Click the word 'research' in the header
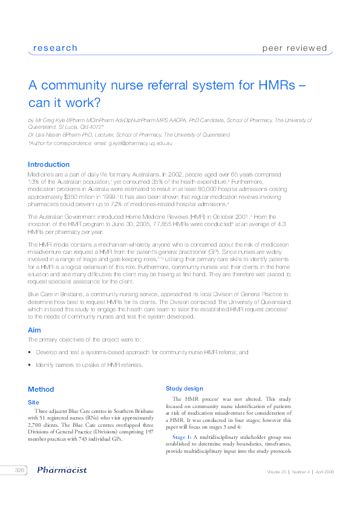(55, 48)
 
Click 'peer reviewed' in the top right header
(294, 48)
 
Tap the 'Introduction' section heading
(48, 164)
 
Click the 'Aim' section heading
(34, 330)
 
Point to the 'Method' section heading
(41, 389)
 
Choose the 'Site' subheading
(34, 401)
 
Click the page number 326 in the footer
(19, 470)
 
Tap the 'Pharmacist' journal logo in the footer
(62, 470)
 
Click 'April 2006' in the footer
(324, 471)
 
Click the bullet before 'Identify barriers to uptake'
(30, 365)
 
